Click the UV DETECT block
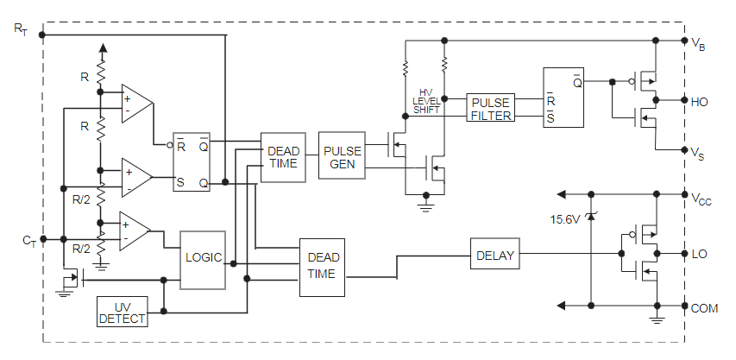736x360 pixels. pyautogui.click(x=122, y=312)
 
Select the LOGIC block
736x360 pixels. pyautogui.click(x=203, y=258)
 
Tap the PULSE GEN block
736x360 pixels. pyautogui.click(x=342, y=156)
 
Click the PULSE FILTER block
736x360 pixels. pyautogui.click(x=491, y=108)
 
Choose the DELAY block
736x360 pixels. pyautogui.click(x=494, y=254)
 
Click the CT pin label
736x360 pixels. pyautogui.click(x=28, y=239)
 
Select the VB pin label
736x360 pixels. pyautogui.click(x=699, y=42)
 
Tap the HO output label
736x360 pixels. pyautogui.click(x=700, y=101)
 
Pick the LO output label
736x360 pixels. pyautogui.click(x=700, y=255)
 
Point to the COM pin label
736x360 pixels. pyautogui.click(x=704, y=306)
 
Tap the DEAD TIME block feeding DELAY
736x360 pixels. pyautogui.click(x=321, y=267)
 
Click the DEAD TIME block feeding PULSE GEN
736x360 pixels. pyautogui.click(x=282, y=158)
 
